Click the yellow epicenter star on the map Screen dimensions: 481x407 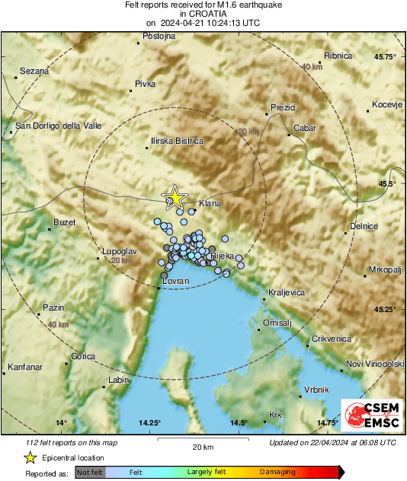click(x=175, y=197)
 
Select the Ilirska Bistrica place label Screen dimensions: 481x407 click(x=177, y=141)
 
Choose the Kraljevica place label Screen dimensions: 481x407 click(x=287, y=292)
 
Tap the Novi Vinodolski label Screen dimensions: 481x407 click(x=374, y=364)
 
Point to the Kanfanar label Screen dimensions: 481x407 click(x=24, y=368)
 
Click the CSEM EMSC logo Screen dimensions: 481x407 click(x=372, y=416)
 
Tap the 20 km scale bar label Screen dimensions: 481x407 click(x=202, y=446)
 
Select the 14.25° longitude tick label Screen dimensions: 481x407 click(x=150, y=422)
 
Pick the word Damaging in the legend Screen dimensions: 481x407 click(x=277, y=472)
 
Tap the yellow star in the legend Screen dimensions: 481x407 click(x=30, y=457)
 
